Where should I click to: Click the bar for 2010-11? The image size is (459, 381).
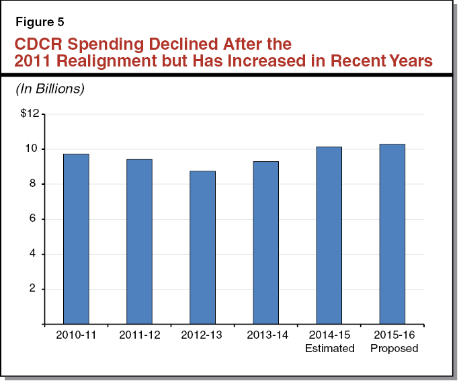[76, 239]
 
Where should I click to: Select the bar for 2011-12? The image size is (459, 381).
[139, 242]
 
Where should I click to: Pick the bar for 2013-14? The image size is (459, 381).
[265, 243]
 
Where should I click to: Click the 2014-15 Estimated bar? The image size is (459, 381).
[329, 235]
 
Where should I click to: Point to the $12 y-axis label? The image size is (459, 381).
[30, 114]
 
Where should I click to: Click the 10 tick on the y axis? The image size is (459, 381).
[33, 149]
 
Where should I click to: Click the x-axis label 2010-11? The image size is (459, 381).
[76, 335]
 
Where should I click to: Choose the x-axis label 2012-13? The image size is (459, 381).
[202, 335]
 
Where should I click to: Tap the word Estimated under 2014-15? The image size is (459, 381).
[329, 348]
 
